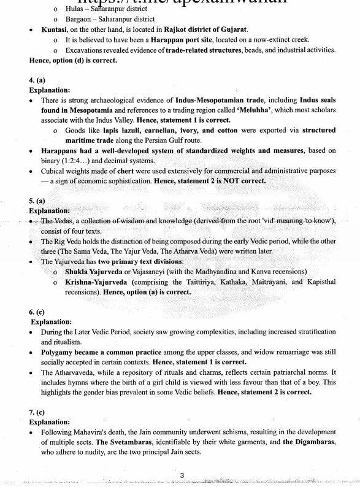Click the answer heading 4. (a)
[37, 80]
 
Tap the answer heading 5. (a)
[37, 200]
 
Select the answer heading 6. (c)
[37, 312]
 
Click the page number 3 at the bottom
[182, 475]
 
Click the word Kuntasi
[55, 29]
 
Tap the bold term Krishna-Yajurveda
[96, 282]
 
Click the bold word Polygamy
[59, 353]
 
